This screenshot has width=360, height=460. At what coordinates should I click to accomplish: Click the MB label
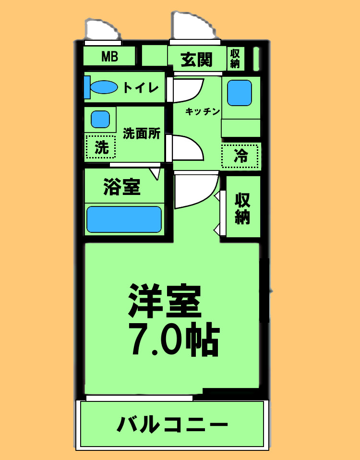tap(109, 57)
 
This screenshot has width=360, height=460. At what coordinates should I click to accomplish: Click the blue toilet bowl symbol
tap(104, 87)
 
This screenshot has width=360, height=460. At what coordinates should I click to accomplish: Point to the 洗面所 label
tap(141, 133)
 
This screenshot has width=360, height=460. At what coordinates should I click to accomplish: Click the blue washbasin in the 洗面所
tap(100, 119)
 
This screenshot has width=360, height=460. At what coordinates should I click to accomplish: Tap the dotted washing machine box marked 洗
tap(101, 147)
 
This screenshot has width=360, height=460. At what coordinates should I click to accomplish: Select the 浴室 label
tap(122, 187)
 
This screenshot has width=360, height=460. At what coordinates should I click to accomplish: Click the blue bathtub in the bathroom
tap(124, 219)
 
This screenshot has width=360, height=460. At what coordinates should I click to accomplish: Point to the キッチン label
tap(203, 111)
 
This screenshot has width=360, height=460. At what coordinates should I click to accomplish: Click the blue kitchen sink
tap(239, 93)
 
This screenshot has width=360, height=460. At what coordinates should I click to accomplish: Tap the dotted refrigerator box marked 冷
tap(240, 156)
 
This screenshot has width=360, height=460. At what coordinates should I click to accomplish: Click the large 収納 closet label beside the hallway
tap(242, 208)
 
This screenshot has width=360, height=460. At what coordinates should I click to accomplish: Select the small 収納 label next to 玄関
tap(235, 58)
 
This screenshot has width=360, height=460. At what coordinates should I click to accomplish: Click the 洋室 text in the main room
tap(164, 301)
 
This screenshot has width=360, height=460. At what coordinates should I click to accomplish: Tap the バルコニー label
tap(172, 424)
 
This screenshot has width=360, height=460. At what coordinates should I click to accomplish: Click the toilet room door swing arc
tap(187, 90)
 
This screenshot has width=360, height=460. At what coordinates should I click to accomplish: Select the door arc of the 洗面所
tap(187, 148)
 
